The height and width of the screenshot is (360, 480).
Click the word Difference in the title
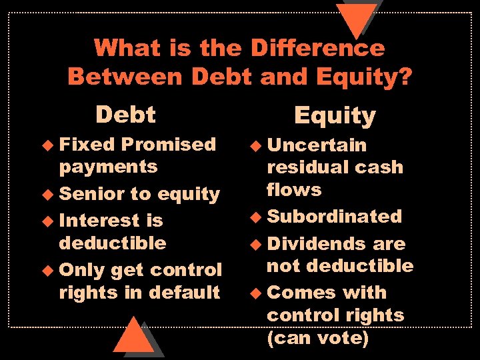[317, 48]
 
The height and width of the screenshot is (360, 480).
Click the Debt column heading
[125, 115]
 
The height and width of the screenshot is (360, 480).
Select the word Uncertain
[317, 145]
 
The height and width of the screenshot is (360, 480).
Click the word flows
[294, 190]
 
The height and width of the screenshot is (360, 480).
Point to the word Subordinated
[334, 216]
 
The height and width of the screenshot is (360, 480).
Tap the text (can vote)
[317, 337]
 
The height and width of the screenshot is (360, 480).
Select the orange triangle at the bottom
[134, 337]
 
